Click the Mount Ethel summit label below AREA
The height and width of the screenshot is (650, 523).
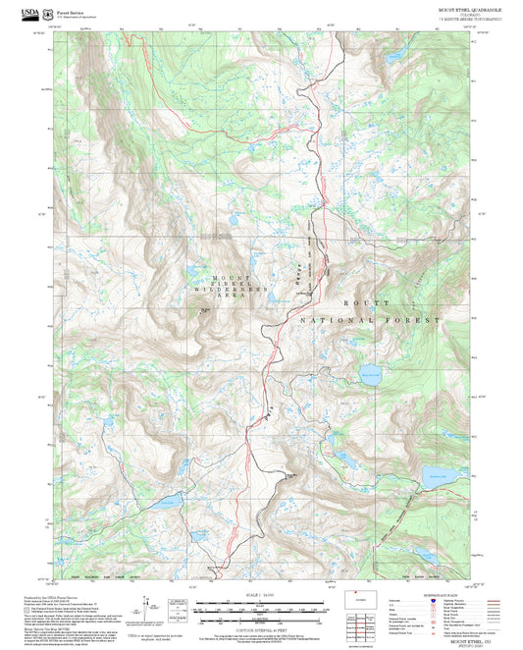tap(205, 310)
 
